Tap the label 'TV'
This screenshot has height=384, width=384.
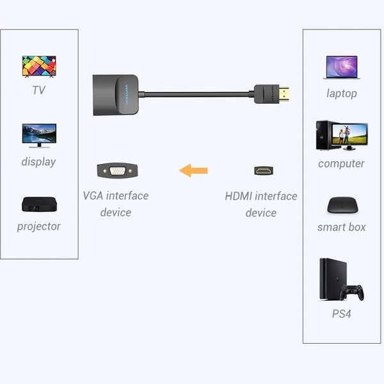point(39,90)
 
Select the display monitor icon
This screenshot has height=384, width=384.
point(39,136)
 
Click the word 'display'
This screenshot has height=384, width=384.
point(39,162)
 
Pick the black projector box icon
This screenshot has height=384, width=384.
point(39,204)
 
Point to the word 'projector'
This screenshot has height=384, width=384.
point(39,227)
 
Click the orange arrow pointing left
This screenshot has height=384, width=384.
point(193,171)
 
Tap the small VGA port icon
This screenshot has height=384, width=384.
point(116,171)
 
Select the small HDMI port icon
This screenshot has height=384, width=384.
point(263,171)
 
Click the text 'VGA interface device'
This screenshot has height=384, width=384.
point(116,204)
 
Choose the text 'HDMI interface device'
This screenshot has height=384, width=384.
point(261,204)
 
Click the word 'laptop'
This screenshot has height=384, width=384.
point(342,93)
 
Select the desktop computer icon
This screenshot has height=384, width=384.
point(342,136)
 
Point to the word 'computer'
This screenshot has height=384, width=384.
point(342,164)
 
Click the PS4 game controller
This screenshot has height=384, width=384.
point(351,292)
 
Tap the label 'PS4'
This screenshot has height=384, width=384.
point(342,314)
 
